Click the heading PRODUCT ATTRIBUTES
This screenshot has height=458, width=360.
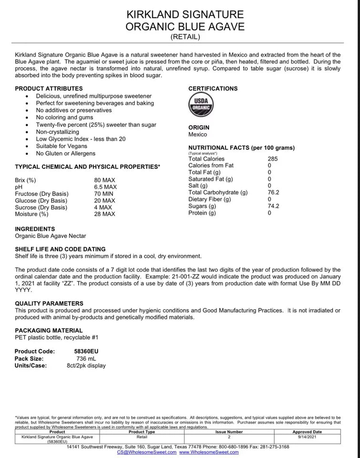(x=49, y=88)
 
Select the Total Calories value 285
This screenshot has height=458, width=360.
(x=273, y=159)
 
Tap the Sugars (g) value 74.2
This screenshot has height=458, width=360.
(x=273, y=206)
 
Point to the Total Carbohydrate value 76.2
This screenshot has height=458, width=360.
(x=273, y=192)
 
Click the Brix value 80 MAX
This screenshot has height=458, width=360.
(x=105, y=180)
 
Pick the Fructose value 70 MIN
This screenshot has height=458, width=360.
(x=104, y=194)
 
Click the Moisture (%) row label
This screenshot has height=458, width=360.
(x=32, y=214)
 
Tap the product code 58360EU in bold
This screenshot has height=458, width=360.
(x=86, y=351)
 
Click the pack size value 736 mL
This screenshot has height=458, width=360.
(x=86, y=358)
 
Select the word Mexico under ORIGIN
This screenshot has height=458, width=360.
(x=198, y=135)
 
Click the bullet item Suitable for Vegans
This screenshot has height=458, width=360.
(x=66, y=146)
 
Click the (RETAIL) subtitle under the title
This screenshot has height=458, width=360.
(x=185, y=37)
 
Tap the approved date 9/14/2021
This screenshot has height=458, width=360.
(x=307, y=436)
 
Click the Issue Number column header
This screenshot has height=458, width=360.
(x=229, y=432)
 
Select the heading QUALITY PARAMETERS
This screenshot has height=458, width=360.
(x=49, y=303)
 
